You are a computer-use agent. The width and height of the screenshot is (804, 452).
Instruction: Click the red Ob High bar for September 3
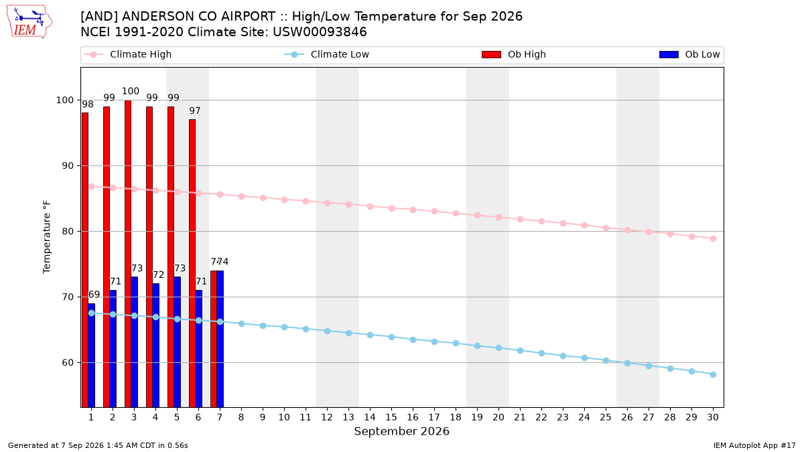[x=128, y=254]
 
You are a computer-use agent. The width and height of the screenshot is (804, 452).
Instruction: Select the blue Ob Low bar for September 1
[x=92, y=355]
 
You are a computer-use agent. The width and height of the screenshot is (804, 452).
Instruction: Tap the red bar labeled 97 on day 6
[x=192, y=263]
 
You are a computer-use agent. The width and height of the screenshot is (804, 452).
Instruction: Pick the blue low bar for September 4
[x=155, y=345]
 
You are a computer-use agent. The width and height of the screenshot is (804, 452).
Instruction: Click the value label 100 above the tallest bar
[x=130, y=91]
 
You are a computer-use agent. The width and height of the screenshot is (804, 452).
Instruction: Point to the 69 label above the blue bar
[x=94, y=295]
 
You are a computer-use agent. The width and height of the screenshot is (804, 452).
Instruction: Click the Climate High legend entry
[x=127, y=54]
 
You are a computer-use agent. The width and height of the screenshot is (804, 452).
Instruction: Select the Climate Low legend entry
[x=326, y=54]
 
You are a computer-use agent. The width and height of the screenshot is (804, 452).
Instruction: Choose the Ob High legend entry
[x=514, y=54]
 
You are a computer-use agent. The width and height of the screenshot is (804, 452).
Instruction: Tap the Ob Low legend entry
[x=689, y=54]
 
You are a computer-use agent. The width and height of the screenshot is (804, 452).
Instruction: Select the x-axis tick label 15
[x=391, y=417]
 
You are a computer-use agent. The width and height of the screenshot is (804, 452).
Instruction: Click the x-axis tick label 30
[x=713, y=417]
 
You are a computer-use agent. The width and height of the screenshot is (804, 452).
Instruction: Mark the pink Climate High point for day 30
[x=713, y=238]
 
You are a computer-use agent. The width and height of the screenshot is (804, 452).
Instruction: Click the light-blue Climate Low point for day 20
[x=498, y=348]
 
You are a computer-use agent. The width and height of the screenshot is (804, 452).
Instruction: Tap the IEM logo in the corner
[x=29, y=22]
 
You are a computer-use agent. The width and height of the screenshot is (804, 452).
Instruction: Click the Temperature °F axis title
[x=47, y=237]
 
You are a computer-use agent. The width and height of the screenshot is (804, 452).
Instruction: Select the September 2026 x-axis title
[x=401, y=431]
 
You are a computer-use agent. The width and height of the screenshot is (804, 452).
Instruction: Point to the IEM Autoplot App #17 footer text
[x=754, y=445]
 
